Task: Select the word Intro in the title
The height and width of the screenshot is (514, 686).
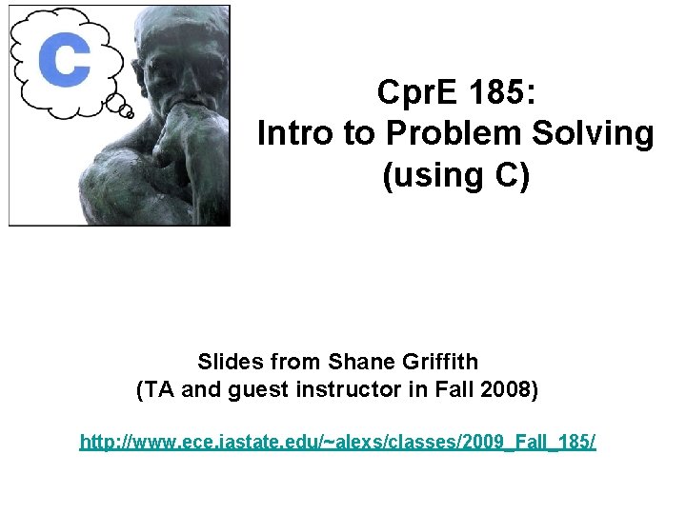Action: click(296, 134)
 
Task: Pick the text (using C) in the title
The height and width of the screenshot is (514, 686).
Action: click(455, 176)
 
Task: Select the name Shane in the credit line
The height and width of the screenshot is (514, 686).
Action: click(359, 362)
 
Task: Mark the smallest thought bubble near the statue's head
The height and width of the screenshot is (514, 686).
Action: click(129, 113)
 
